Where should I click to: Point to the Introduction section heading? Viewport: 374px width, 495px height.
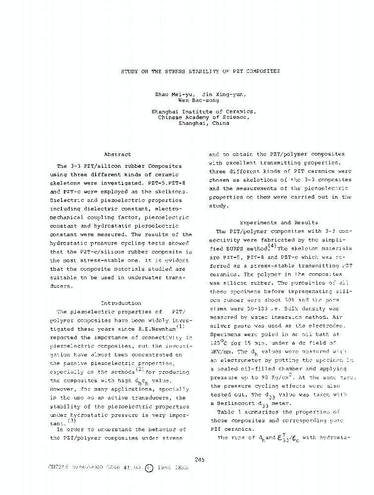tap(121, 303)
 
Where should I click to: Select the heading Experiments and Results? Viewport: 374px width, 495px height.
tap(278, 223)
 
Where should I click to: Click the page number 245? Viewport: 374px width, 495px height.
tap(200, 459)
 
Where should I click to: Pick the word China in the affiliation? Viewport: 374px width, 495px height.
tap(220, 123)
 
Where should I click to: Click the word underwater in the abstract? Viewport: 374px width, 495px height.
tap(148, 277)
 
